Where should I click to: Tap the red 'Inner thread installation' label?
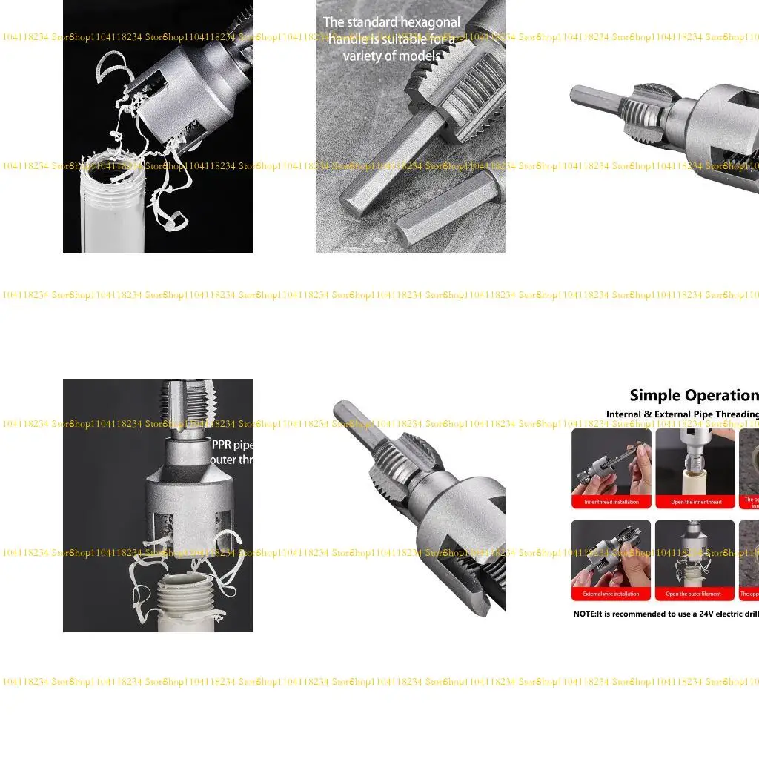611,502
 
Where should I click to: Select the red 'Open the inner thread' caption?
695,502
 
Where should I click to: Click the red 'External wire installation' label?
611,594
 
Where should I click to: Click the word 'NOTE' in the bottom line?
585,614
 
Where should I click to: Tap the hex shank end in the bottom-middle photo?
344,411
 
